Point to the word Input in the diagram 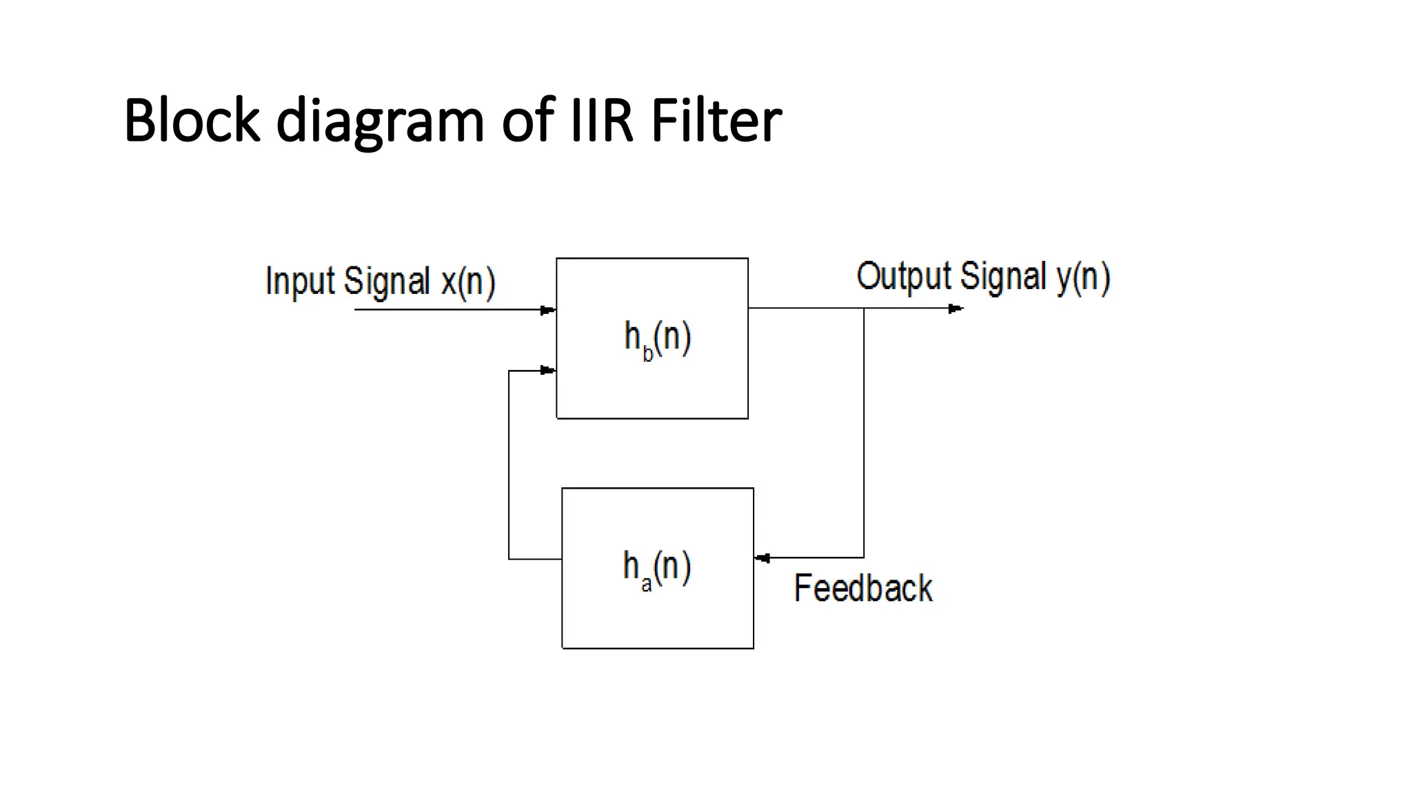(300, 282)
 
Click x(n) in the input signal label (467, 282)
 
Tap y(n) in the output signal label (1082, 277)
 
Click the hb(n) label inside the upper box (657, 339)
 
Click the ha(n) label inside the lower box (657, 569)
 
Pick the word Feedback (863, 588)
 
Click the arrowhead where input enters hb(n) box (548, 310)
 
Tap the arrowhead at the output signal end (956, 308)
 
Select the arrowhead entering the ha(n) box (762, 558)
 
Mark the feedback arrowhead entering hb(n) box (548, 371)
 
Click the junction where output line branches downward (864, 308)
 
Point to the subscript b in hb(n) (647, 354)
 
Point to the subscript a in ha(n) (646, 585)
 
